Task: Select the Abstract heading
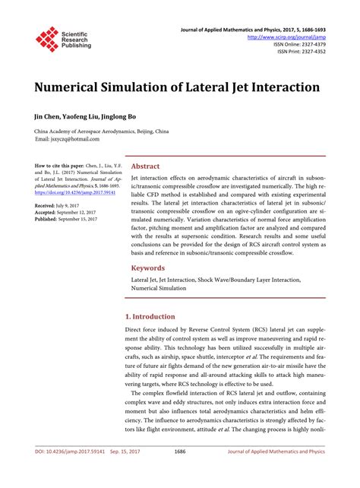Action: click(145, 166)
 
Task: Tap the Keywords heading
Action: click(148, 268)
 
